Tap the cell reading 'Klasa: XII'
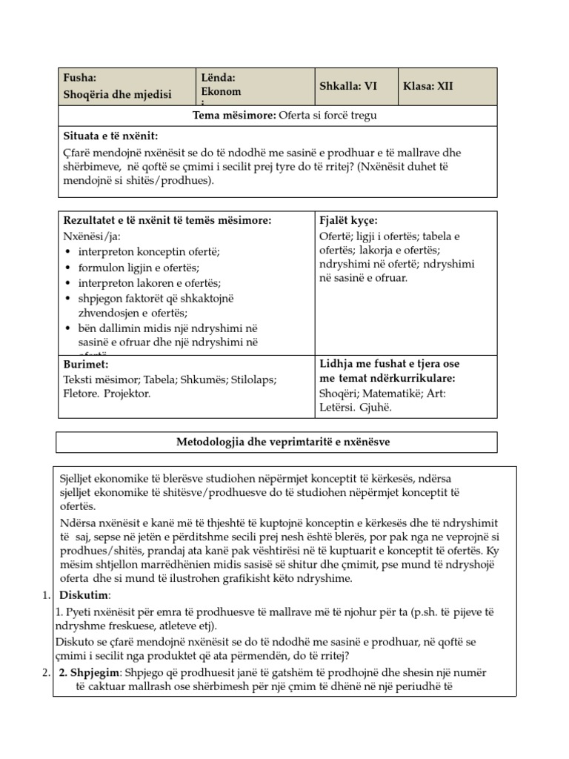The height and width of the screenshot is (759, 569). tap(427, 86)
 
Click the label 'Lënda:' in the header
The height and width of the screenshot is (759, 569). tap(218, 78)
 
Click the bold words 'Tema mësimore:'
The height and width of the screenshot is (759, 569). tap(235, 115)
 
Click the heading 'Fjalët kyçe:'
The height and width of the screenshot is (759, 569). tap(348, 221)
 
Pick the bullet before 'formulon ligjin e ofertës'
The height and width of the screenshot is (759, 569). tap(69, 268)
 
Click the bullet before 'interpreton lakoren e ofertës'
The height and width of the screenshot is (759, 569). tap(69, 283)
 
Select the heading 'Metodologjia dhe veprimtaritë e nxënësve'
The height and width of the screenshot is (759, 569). tap(277, 442)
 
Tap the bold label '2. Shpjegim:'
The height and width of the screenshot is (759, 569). tap(85, 672)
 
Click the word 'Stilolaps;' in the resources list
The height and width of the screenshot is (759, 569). tap(249, 379)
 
